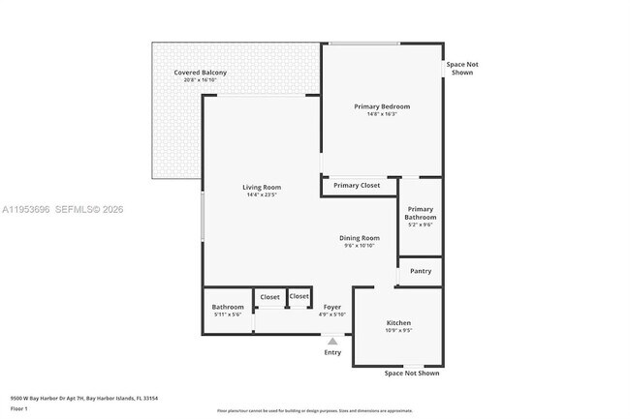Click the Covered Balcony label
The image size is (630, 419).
(x=201, y=73)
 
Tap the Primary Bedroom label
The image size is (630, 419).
(x=382, y=106)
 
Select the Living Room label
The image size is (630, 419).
(x=262, y=187)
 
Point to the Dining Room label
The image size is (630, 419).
(x=359, y=238)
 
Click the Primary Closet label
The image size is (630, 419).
(x=357, y=185)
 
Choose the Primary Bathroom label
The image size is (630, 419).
(x=421, y=213)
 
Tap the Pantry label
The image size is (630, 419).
(x=421, y=271)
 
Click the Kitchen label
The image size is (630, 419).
(x=399, y=322)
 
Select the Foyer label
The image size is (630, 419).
(x=331, y=308)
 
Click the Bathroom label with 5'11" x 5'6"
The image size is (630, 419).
(x=228, y=308)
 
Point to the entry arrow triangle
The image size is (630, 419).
(x=332, y=341)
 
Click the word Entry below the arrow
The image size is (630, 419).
(x=332, y=352)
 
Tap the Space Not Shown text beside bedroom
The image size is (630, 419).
(x=462, y=68)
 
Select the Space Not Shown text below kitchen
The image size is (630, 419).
(x=411, y=373)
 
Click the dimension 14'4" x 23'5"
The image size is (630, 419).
(x=262, y=195)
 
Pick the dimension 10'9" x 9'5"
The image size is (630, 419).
(x=399, y=331)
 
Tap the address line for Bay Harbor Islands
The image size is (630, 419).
(x=84, y=398)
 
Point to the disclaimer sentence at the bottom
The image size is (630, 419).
(x=314, y=411)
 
